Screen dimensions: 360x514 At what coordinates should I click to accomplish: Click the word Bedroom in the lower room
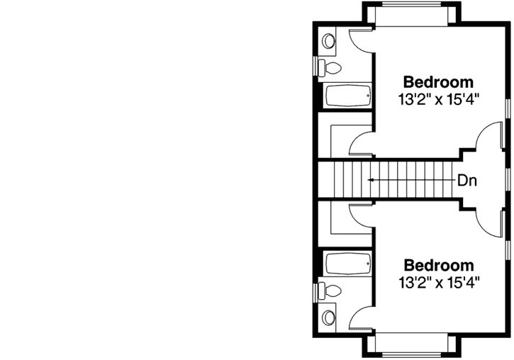point(438,266)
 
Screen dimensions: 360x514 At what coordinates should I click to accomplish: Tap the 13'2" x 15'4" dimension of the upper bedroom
point(438,99)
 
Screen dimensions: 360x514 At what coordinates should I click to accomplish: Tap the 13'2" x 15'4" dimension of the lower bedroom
point(438,283)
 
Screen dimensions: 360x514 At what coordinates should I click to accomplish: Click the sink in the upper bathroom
point(329,42)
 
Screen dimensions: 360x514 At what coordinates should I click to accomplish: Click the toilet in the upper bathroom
point(331,68)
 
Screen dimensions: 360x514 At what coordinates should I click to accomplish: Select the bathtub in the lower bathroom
point(347,264)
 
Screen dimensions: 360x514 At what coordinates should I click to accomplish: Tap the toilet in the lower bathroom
point(331,291)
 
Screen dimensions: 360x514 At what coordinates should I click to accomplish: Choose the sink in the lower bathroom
point(329,316)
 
